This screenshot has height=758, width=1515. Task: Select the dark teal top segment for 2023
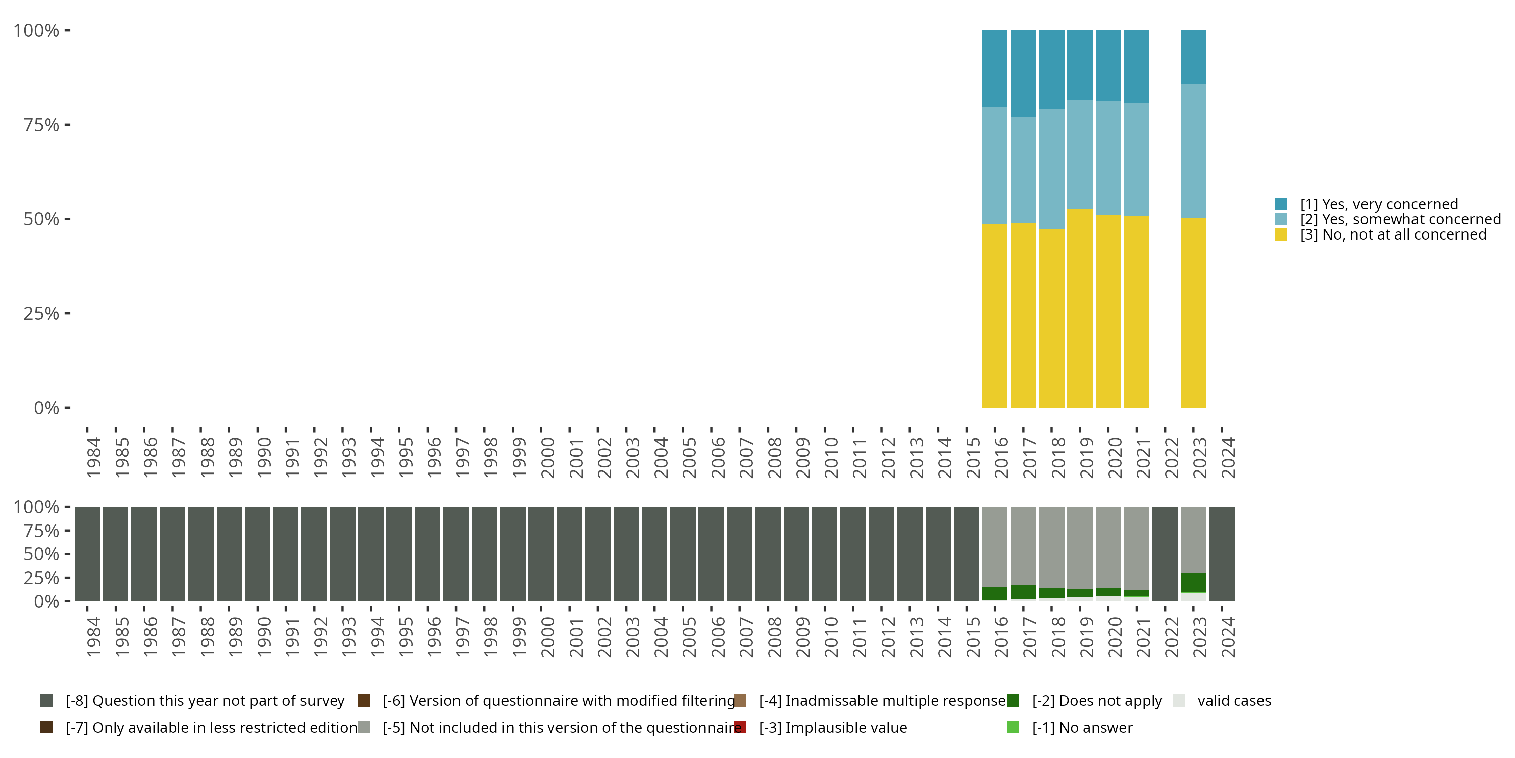1193,57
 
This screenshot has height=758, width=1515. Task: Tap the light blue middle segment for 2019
1080,154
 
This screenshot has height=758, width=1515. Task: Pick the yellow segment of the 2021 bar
1136,312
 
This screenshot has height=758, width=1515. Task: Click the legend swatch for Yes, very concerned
1281,204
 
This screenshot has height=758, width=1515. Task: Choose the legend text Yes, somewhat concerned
1400,219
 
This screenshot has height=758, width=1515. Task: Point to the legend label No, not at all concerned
1393,235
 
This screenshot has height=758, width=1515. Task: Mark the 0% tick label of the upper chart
46,408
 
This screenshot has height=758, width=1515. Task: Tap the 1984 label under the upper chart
93,457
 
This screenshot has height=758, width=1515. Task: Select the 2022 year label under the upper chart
1171,457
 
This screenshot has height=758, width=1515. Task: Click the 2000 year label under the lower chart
547,637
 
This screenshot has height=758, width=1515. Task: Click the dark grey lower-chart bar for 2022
1165,554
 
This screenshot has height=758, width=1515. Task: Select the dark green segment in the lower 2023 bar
1193,583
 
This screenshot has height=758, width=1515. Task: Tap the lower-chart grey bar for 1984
87,554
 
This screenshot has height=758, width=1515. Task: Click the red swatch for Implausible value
740,727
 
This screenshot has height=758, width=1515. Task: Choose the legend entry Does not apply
1097,701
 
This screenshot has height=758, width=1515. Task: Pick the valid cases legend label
1234,701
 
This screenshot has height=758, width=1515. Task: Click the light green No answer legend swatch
1013,727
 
